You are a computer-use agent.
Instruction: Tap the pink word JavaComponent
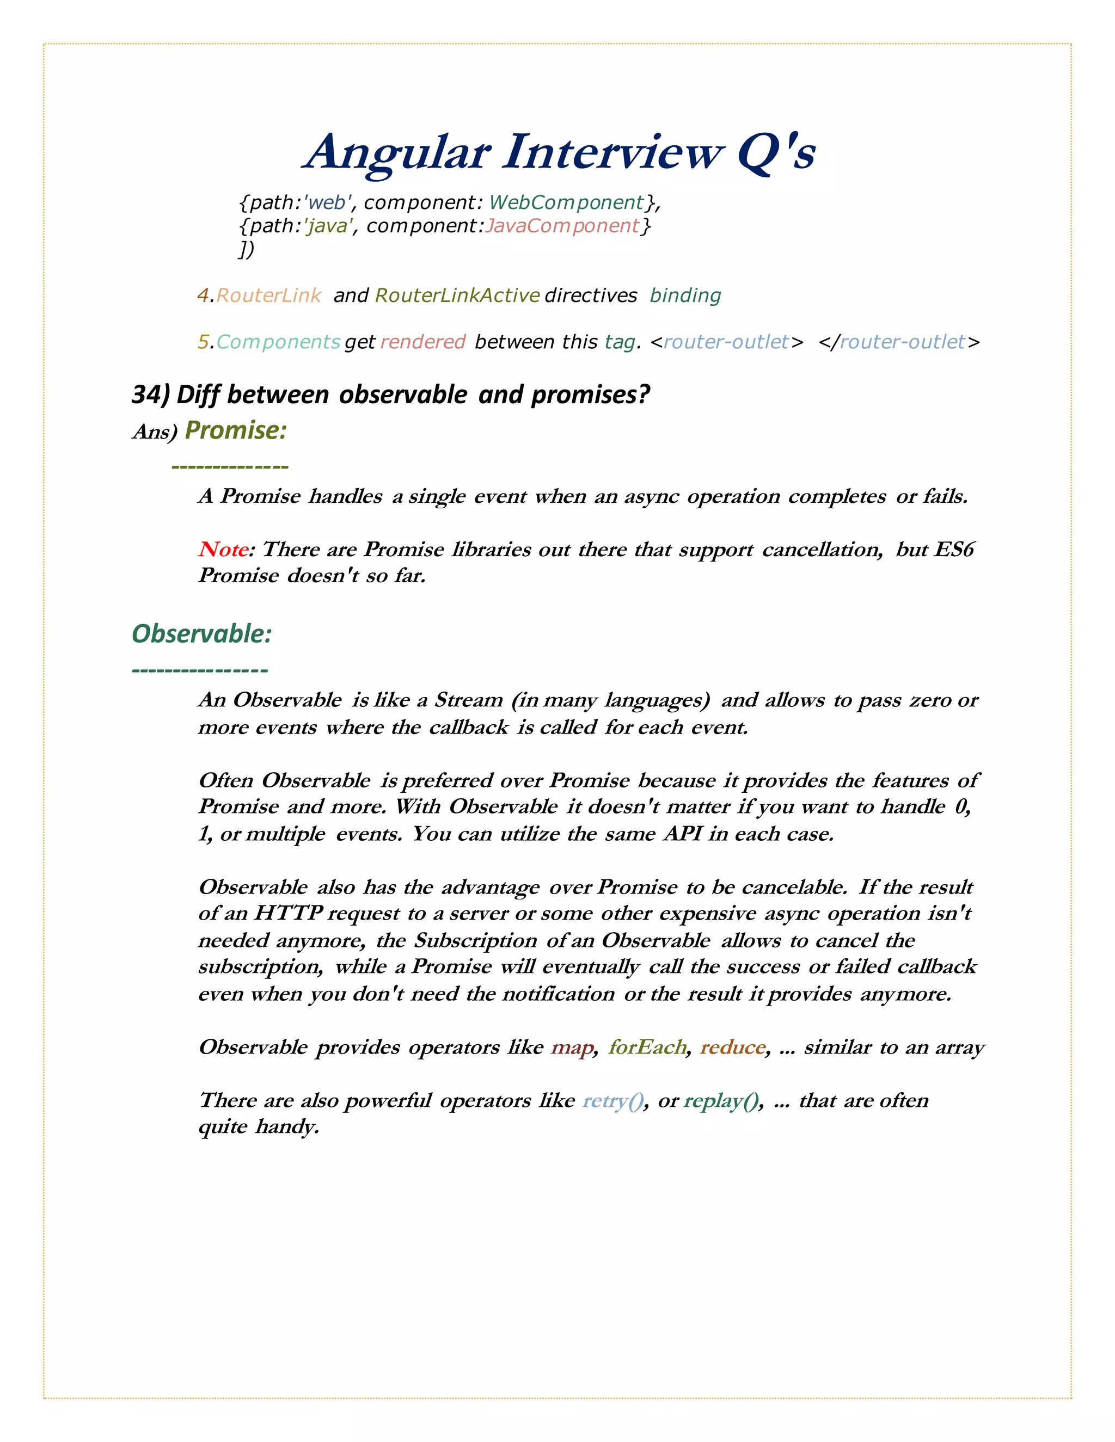(x=562, y=226)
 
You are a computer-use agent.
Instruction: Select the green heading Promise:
(x=236, y=430)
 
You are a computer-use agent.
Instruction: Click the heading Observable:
(x=201, y=633)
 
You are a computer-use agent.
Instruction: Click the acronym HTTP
(x=288, y=913)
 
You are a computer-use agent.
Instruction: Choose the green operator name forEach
(x=647, y=1046)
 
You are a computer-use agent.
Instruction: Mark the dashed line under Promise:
(x=230, y=467)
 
